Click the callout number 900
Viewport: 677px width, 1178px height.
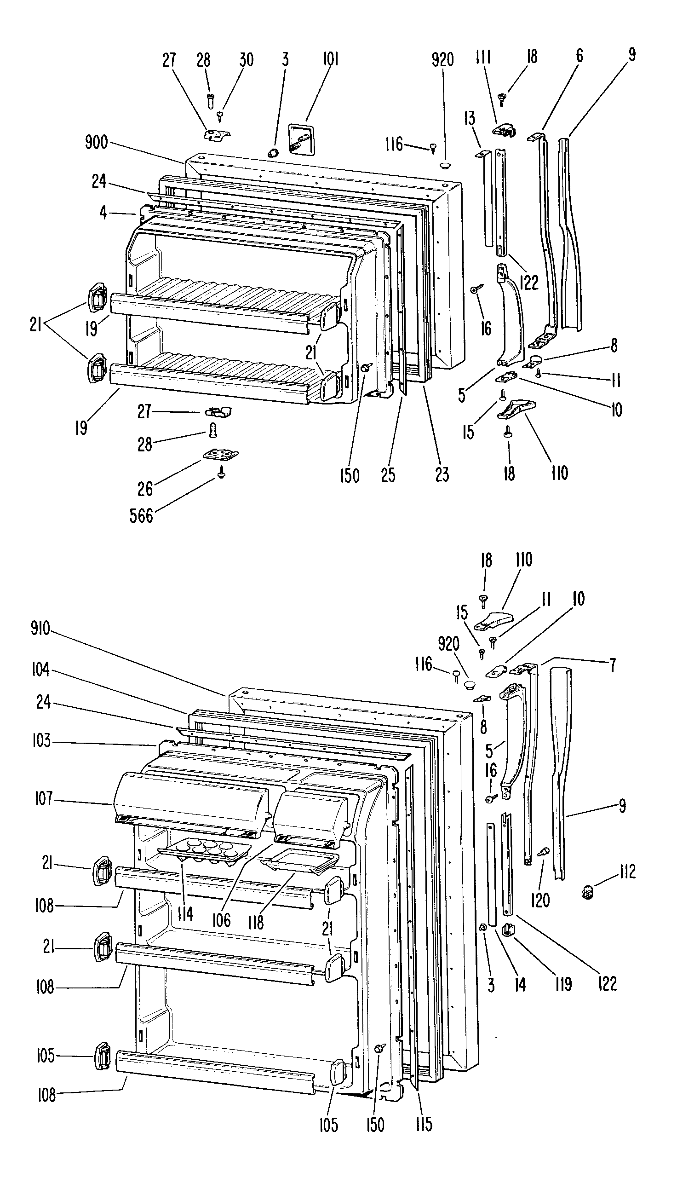[x=96, y=143]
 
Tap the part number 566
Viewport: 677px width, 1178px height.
[x=141, y=516]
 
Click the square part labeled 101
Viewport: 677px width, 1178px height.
[x=302, y=138]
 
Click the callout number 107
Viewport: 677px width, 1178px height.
[x=44, y=800]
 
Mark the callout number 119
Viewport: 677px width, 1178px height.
[x=563, y=985]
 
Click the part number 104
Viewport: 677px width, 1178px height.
[x=40, y=671]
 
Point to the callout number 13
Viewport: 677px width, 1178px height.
[x=470, y=118]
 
